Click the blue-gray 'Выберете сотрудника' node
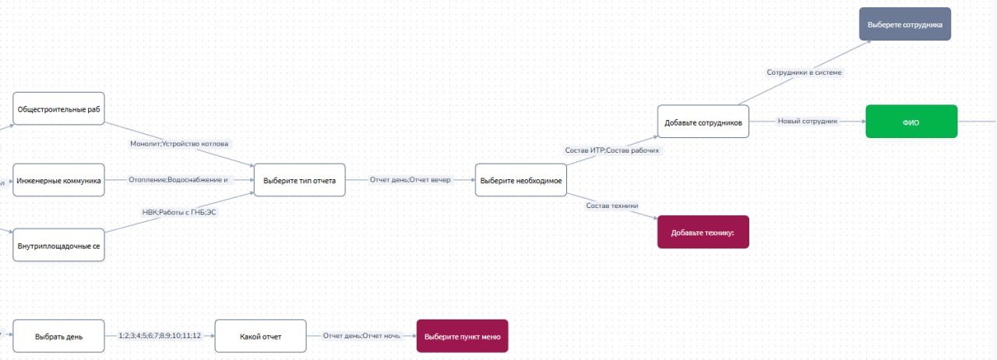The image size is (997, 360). coord(904,24)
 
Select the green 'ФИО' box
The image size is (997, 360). coord(911,122)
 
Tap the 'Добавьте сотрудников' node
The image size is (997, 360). coord(703,122)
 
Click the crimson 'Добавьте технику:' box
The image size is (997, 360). coord(703,232)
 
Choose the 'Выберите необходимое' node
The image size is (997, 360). coord(520,180)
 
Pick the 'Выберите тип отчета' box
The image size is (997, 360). coord(299,180)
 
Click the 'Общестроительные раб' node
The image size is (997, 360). coord(58,109)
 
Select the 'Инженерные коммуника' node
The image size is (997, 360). coord(58,180)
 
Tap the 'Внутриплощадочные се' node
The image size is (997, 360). coord(58,245)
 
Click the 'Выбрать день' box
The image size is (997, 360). coord(58,337)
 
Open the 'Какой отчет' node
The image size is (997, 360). coord(260,337)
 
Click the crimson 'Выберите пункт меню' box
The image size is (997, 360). coord(462,337)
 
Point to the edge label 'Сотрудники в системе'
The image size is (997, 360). coord(804,72)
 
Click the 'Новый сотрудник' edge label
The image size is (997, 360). coord(807,122)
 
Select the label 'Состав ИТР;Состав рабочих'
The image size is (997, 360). coord(612,150)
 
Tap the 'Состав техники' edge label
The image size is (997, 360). coord(612,206)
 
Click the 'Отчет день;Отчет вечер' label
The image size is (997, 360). coord(410,180)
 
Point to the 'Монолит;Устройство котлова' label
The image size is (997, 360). coord(185,144)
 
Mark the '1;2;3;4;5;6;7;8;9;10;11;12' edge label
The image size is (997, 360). coord(160,336)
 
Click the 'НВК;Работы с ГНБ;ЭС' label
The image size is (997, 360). coord(179,212)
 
